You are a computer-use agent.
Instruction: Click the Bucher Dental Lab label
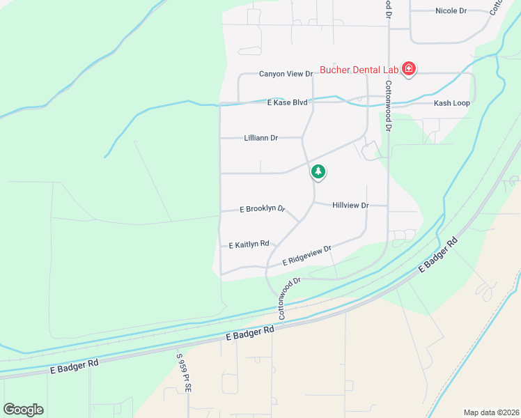(x=358, y=70)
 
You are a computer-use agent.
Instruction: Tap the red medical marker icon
(x=409, y=69)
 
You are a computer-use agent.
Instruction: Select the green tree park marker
(x=318, y=171)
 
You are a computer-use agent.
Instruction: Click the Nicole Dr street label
(x=451, y=11)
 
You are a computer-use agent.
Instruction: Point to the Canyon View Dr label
(x=286, y=74)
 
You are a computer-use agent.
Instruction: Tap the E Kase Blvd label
(x=286, y=102)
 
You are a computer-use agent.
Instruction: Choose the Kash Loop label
(x=451, y=103)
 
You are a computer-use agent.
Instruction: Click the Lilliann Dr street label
(x=261, y=138)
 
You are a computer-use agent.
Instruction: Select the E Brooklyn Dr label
(x=263, y=208)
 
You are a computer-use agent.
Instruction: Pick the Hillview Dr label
(x=350, y=206)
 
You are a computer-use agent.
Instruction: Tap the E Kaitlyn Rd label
(x=249, y=245)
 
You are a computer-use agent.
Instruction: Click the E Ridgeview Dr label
(x=306, y=256)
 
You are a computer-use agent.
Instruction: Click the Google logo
(x=23, y=409)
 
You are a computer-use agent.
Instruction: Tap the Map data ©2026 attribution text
(x=490, y=412)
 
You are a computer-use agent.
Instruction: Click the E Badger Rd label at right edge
(x=438, y=257)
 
